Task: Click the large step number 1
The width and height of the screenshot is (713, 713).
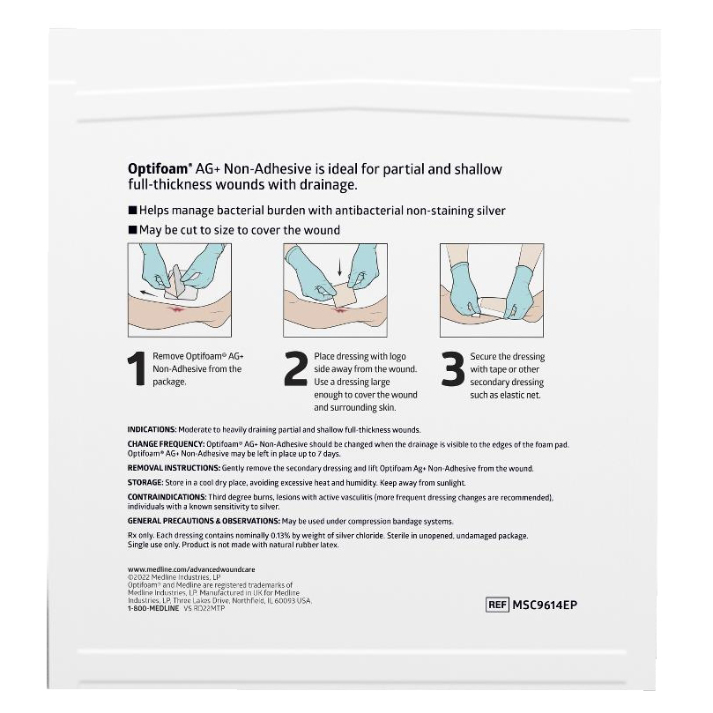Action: tap(137, 370)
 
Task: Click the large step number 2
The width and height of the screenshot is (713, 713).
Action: tap(296, 370)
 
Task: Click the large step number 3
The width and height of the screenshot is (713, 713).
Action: tap(452, 370)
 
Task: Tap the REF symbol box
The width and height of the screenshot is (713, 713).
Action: tap(498, 605)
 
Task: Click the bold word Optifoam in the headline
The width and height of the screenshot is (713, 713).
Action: tap(155, 168)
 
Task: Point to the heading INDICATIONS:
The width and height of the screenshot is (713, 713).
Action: tap(154, 429)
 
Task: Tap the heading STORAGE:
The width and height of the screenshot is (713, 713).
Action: tap(145, 483)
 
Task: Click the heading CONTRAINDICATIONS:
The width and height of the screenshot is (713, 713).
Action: tap(164, 497)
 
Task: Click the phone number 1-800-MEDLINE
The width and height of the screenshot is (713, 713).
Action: tap(152, 608)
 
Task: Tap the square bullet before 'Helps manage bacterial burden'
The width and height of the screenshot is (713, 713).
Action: tap(132, 211)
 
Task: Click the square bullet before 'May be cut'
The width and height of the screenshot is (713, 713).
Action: tap(132, 230)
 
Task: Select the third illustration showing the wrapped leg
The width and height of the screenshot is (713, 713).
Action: tap(491, 290)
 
